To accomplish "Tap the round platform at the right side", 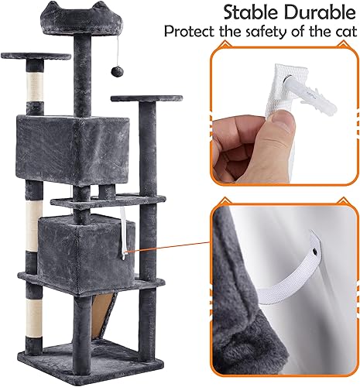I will click(x=141, y=99).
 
